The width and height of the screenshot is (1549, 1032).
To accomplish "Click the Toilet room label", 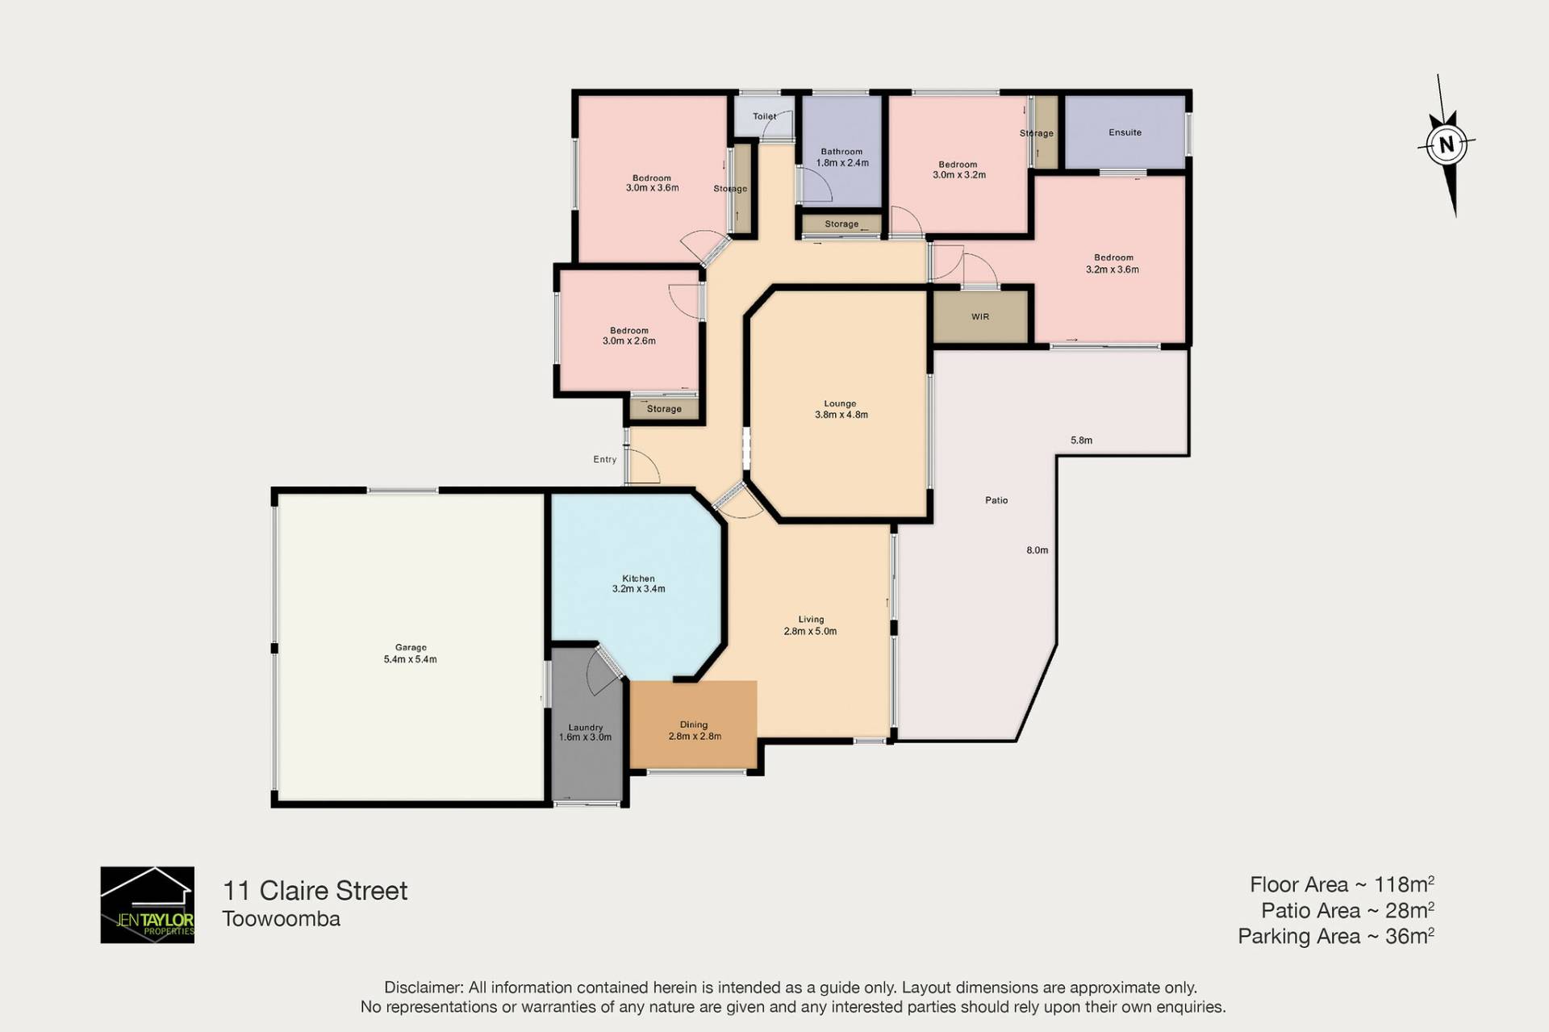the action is tap(764, 116).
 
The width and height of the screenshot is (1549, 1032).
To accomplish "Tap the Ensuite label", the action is tap(1125, 132).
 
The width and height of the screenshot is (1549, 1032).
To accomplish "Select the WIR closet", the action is tap(980, 316).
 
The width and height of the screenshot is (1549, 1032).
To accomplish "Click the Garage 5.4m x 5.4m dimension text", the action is tap(410, 659).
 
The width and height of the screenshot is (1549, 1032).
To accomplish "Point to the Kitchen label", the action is tap(638, 579).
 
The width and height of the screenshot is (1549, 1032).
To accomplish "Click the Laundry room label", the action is tap(585, 727).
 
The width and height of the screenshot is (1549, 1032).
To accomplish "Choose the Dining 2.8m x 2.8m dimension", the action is tap(695, 736).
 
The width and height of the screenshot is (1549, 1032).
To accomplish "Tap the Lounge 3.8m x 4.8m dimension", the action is tap(841, 415).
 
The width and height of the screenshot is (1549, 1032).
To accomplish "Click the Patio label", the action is tap(996, 500).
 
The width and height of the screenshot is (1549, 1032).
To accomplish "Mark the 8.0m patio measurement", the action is tap(1037, 550).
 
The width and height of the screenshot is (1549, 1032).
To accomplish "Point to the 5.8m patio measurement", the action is tap(1081, 441).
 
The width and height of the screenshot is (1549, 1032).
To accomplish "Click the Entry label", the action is tap(604, 459).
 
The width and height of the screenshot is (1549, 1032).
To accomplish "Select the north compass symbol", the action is tap(1447, 145).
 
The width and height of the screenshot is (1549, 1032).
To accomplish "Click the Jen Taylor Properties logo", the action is tap(147, 905).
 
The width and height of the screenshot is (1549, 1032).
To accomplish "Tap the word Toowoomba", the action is tap(281, 918).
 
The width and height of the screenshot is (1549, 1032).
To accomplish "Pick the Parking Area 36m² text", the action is tap(1336, 936).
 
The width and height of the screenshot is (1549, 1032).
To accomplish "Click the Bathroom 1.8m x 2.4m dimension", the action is tap(842, 162).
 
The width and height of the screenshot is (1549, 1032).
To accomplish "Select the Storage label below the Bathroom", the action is tap(841, 224).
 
